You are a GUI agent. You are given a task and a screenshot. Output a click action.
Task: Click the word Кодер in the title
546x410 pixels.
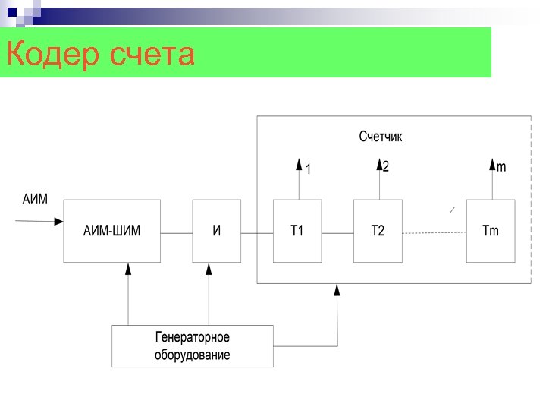(53, 55)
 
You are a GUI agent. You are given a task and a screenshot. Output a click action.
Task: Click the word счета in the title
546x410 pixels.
(152, 55)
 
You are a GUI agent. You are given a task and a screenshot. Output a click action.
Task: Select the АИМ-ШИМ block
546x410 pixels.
(111, 231)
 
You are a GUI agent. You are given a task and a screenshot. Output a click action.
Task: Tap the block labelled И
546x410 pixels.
(217, 231)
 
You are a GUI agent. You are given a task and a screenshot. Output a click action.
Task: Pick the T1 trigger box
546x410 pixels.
(297, 231)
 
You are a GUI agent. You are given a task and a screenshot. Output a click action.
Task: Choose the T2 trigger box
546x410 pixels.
(378, 231)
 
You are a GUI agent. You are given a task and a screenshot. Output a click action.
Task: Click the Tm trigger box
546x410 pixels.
(491, 231)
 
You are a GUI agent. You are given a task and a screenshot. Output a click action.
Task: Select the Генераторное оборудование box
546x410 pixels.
(193, 346)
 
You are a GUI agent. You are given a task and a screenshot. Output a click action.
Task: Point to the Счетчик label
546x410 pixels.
(381, 137)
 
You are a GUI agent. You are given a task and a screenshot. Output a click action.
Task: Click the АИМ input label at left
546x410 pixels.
(35, 200)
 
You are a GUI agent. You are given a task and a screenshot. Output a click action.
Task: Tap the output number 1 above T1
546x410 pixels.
(309, 170)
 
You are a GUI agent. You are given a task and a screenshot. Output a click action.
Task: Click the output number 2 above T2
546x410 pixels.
(386, 166)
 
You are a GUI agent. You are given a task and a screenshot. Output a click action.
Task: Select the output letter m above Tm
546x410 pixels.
(501, 166)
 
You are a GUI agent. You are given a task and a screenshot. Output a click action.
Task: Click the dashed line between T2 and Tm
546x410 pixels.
(434, 232)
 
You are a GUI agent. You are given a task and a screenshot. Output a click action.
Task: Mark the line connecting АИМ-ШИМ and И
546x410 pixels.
(177, 232)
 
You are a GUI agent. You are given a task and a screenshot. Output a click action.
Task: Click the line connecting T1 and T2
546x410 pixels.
(337, 232)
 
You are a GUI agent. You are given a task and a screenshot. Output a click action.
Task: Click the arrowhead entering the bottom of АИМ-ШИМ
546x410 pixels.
(128, 269)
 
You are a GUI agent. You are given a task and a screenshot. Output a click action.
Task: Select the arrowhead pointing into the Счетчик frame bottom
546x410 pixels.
(337, 289)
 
